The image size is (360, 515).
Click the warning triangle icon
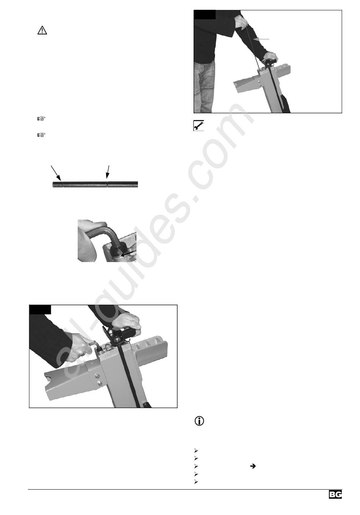[42, 30]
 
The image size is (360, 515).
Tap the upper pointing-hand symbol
[41, 119]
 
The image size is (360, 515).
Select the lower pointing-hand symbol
[41, 135]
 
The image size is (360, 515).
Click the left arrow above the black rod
[56, 173]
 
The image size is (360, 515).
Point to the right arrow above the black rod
[107, 172]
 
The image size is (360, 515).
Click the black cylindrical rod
[95, 184]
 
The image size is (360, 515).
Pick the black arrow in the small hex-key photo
[128, 254]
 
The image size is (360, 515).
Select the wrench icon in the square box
[199, 125]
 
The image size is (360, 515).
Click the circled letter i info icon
[199, 421]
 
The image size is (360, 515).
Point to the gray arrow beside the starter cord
[261, 39]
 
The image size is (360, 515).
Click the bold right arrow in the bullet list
[253, 466]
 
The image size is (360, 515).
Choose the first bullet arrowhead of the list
[196, 450]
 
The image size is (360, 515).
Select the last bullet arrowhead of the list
[196, 482]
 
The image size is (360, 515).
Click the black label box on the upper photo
[205, 14]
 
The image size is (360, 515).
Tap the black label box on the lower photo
[40, 309]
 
